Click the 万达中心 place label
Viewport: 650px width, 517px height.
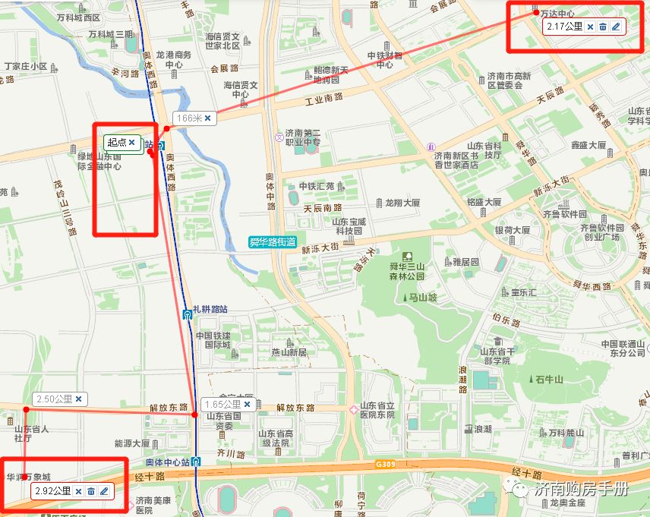[x=557, y=14]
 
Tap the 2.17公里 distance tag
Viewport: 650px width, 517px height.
[x=564, y=27]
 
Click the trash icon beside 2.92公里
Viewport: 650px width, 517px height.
[x=90, y=491]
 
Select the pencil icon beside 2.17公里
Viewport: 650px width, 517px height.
[x=616, y=27]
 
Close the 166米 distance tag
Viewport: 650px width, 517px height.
[x=207, y=118]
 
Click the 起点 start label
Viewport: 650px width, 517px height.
[x=117, y=142]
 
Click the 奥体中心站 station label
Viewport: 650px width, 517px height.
[x=168, y=462]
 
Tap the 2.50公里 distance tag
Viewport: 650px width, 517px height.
[x=54, y=399]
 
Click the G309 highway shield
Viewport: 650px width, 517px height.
[x=385, y=463]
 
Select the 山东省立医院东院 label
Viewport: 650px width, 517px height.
[x=377, y=410]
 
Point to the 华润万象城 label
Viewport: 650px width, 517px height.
[x=28, y=478]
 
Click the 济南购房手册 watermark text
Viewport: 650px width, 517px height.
[x=582, y=490]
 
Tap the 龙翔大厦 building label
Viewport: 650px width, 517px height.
[x=402, y=203]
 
